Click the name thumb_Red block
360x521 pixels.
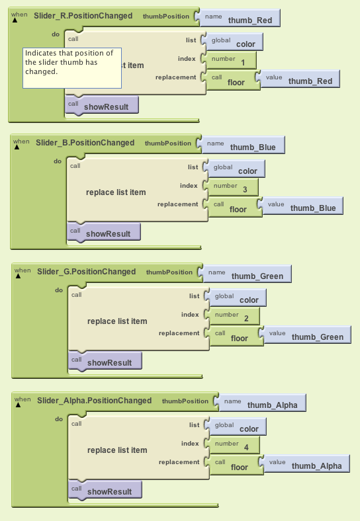click(x=240, y=18)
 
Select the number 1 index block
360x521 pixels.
click(x=231, y=60)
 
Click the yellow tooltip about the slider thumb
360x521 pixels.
click(x=72, y=68)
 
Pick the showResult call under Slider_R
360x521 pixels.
click(x=102, y=105)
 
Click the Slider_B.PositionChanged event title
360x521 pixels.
click(x=85, y=143)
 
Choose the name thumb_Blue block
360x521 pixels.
click(x=244, y=145)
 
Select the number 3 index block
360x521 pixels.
click(x=233, y=187)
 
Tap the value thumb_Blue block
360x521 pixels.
click(x=303, y=206)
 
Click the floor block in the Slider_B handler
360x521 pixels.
click(x=235, y=207)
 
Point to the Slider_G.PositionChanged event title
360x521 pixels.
click(x=87, y=272)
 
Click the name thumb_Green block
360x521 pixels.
click(x=247, y=274)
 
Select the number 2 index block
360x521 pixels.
click(x=234, y=316)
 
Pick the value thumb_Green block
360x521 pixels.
click(x=308, y=335)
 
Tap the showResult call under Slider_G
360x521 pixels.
click(x=105, y=361)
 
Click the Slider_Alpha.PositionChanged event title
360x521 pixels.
click(x=95, y=401)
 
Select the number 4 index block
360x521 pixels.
click(x=234, y=445)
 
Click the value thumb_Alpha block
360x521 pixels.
click(x=307, y=464)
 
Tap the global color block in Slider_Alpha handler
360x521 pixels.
click(x=238, y=426)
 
